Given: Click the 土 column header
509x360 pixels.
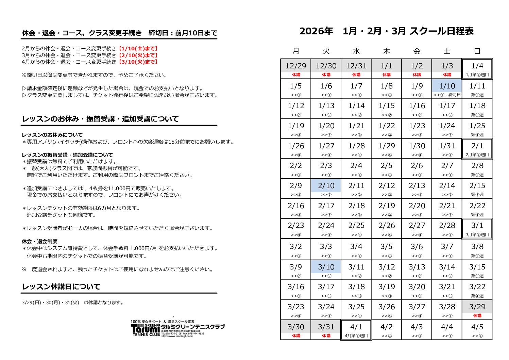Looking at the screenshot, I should pos(447,51).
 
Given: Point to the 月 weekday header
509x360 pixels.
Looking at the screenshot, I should pos(296,51).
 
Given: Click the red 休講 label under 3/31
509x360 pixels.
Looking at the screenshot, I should pos(326,336).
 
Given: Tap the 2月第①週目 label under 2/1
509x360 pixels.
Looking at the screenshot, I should pos(477,155).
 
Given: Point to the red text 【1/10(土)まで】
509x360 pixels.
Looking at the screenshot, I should pos(137,49).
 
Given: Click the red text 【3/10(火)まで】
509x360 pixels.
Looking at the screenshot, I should pos(137,62).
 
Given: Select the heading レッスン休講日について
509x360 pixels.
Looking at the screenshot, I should pos(61,287).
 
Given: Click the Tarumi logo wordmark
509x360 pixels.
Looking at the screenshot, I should pos(145,329).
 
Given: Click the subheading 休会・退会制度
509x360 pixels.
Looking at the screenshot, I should pos(39,241).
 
